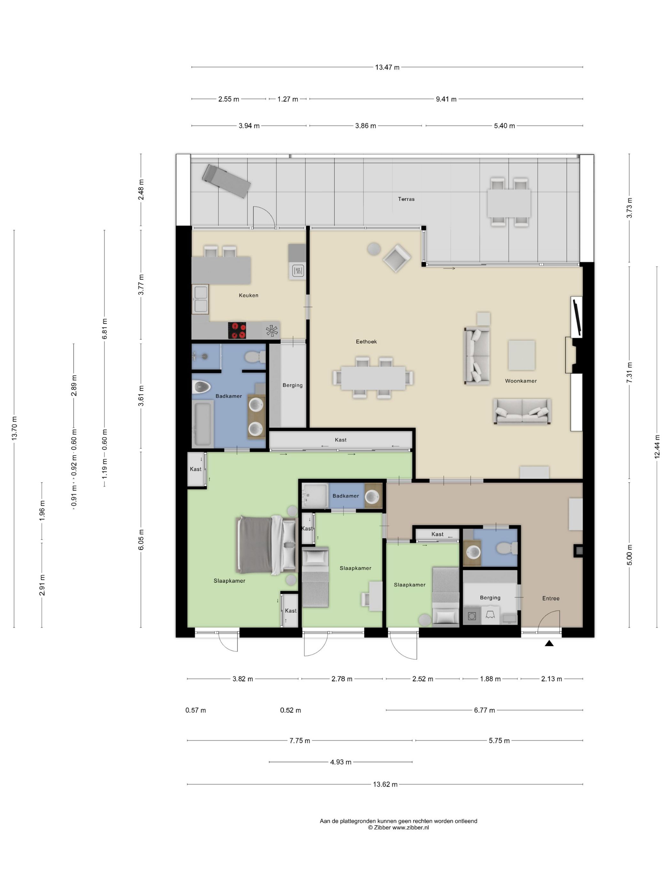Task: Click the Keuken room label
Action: pos(248,295)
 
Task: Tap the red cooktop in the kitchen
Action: pos(237,330)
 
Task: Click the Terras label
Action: pos(406,199)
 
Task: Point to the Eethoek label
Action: pos(366,342)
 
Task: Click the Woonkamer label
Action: pos(521,381)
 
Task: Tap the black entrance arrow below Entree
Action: pos(549,643)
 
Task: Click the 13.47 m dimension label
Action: pos(387,67)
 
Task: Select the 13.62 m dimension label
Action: pos(385,784)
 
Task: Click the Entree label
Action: pos(551,598)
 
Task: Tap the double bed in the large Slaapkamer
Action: pos(267,545)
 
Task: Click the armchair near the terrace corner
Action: pos(397,258)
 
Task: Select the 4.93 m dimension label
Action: pos(341,762)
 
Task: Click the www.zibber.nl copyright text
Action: pos(398,827)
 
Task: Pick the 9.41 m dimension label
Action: pos(446,99)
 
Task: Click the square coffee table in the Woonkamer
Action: pos(521,355)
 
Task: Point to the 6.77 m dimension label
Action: pos(484,710)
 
